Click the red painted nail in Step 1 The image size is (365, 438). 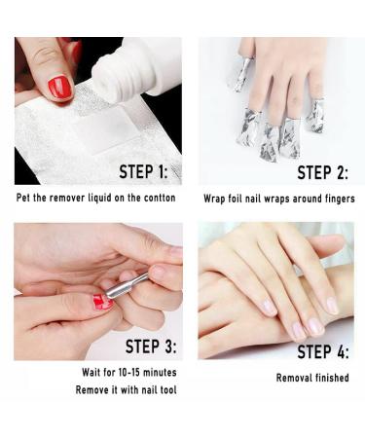pyautogui.click(x=60, y=87)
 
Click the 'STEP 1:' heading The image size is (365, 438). pyautogui.click(x=143, y=171)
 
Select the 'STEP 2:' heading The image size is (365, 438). pyautogui.click(x=322, y=172)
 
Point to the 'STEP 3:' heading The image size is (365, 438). pyautogui.click(x=151, y=347)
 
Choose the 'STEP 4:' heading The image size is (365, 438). pyautogui.click(x=323, y=351)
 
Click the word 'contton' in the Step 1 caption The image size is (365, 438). pyautogui.click(x=160, y=198)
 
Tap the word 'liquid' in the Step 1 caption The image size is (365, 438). pyautogui.click(x=100, y=198)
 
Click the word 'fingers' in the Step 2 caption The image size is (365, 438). pyautogui.click(x=340, y=199)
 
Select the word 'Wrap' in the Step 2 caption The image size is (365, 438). pyautogui.click(x=214, y=199)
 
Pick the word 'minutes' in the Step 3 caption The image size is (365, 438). pyautogui.click(x=160, y=372)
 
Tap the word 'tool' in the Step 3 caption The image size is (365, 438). pyautogui.click(x=167, y=389)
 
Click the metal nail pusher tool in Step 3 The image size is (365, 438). pyautogui.click(x=127, y=286)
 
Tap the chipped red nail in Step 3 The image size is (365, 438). pyautogui.click(x=102, y=302)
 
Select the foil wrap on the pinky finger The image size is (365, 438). pyautogui.click(x=315, y=116)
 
